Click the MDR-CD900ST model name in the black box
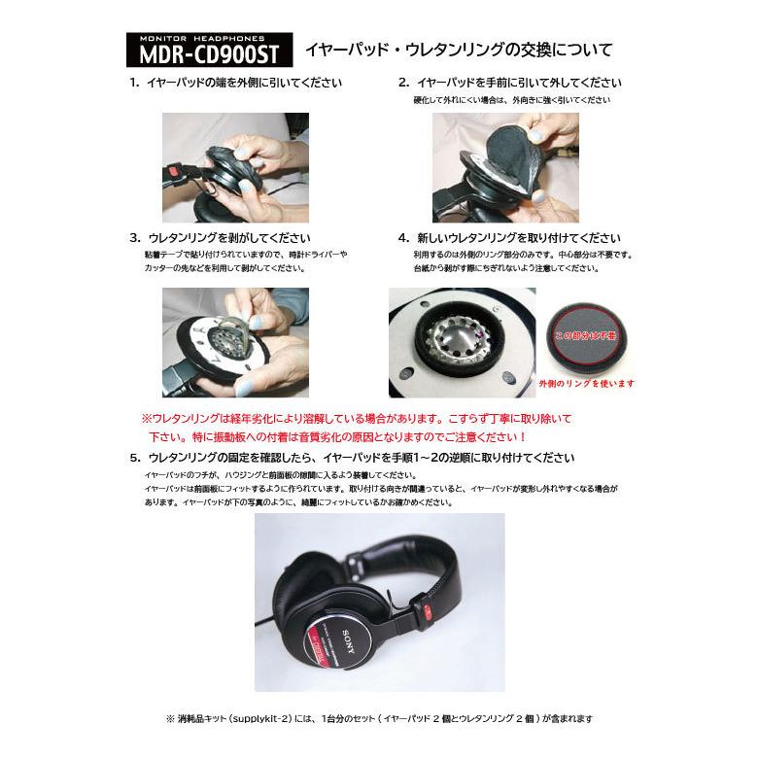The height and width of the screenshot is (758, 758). [x=208, y=54]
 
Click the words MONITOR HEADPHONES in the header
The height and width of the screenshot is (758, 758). [x=208, y=39]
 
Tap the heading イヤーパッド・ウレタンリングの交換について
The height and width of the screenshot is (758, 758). [x=459, y=50]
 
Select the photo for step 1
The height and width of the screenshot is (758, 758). [x=235, y=167]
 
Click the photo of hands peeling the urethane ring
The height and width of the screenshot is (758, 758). [x=235, y=342]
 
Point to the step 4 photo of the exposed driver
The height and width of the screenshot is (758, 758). [x=462, y=342]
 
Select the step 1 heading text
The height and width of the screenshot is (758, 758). [x=235, y=84]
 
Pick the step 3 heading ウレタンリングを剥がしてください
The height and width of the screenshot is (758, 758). [x=220, y=238]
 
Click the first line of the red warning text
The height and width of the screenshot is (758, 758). [x=358, y=417]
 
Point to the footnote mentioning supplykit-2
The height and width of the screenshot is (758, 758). [x=379, y=719]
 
